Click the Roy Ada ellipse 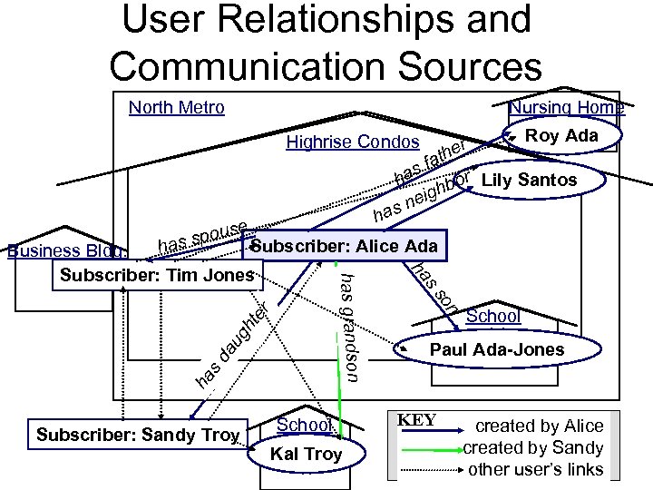point(562,136)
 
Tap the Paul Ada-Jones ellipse point(496,349)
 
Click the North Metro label point(176,108)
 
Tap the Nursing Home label point(566,108)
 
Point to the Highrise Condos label point(353,142)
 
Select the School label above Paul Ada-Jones point(492,316)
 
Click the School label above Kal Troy point(304,425)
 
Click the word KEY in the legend point(416,420)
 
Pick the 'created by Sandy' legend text point(533,447)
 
